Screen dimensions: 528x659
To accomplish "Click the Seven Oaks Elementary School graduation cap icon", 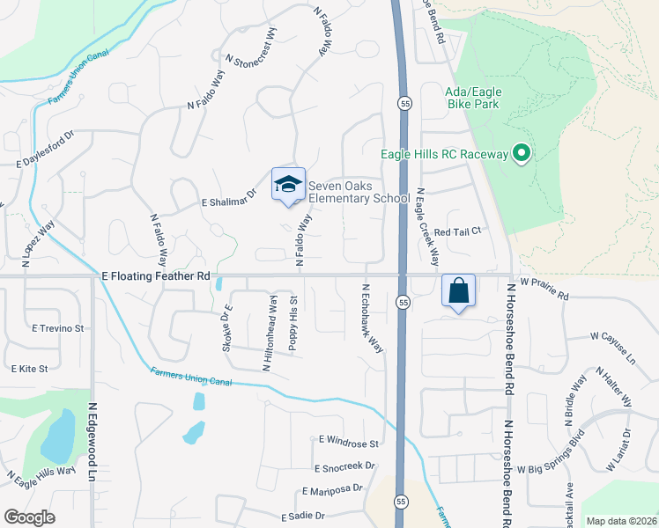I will (x=288, y=184).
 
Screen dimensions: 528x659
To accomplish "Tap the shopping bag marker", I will (x=459, y=290).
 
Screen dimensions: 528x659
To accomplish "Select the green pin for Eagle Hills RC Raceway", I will (x=521, y=155).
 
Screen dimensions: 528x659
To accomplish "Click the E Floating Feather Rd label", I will (x=157, y=275).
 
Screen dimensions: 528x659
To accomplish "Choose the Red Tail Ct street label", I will (x=455, y=231).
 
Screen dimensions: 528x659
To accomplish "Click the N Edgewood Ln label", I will (x=93, y=443).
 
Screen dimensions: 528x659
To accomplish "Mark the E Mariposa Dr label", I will (x=332, y=490).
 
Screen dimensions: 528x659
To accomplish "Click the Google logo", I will (x=29, y=517).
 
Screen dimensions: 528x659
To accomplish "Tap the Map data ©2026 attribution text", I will (x=620, y=521).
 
